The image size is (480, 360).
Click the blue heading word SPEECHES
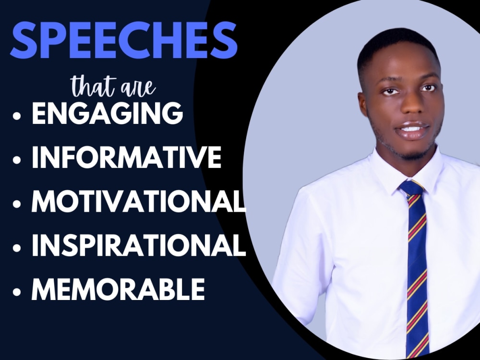coord(124,40)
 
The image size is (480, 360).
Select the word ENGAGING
coord(108,114)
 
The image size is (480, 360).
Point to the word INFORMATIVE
coord(126,157)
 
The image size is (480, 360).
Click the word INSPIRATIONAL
coord(139,246)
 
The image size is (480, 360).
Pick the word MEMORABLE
coord(118,289)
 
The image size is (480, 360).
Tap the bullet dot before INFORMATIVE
coord(18,160)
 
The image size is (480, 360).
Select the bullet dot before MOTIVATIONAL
coord(18,204)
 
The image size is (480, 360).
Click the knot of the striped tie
coord(411,188)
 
